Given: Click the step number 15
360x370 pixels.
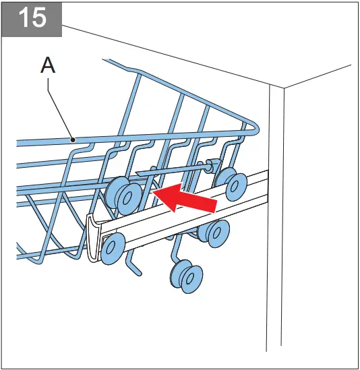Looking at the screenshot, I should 32,18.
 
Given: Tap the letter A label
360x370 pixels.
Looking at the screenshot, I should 48,65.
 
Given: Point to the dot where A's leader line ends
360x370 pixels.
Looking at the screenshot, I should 73,139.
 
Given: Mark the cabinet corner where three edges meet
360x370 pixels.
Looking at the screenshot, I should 283,88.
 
